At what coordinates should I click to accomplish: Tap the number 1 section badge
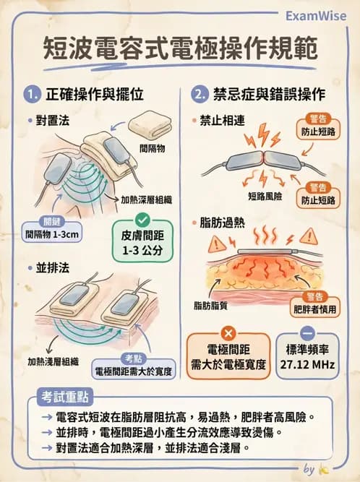(x=32, y=95)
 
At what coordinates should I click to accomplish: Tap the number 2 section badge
(x=200, y=95)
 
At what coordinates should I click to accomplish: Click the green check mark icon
(x=142, y=218)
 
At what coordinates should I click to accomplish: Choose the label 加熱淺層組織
(x=53, y=359)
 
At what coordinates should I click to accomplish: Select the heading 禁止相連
(x=220, y=121)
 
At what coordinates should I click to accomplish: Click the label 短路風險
(x=265, y=195)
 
